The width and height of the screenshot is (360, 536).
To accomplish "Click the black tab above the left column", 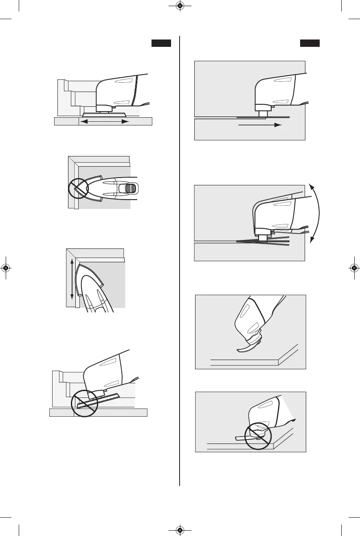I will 161,44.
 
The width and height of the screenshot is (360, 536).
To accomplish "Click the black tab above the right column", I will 310,44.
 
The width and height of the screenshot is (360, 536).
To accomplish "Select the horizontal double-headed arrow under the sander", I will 103,121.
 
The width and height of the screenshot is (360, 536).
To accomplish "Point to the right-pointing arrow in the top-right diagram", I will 260,125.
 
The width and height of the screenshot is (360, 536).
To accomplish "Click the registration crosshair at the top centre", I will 180,7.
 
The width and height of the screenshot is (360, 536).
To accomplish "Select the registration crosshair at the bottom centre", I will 180,529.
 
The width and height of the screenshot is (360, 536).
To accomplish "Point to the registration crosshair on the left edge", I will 6,268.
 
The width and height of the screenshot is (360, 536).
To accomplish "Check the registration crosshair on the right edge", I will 354,268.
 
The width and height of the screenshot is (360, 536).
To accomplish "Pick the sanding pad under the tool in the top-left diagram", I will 105,114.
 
